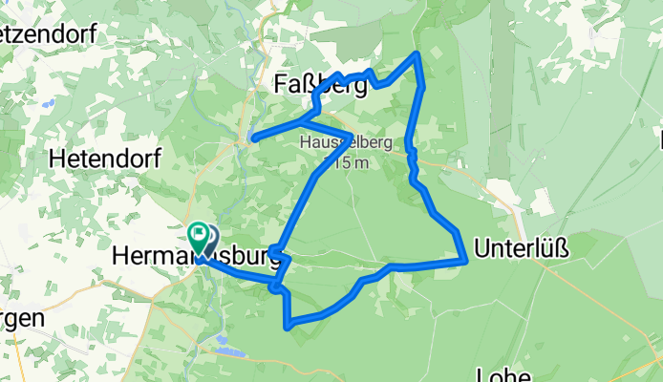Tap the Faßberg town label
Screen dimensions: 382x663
[x=321, y=86]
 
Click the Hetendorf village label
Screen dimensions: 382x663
[x=105, y=156]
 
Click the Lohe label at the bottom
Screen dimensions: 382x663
[x=507, y=373]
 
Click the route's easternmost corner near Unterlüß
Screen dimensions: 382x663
[x=465, y=258]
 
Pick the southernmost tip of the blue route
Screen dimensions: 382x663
[x=288, y=327]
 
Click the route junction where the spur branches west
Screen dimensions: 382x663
[x=304, y=121]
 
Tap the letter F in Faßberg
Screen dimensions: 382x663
[x=283, y=86]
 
